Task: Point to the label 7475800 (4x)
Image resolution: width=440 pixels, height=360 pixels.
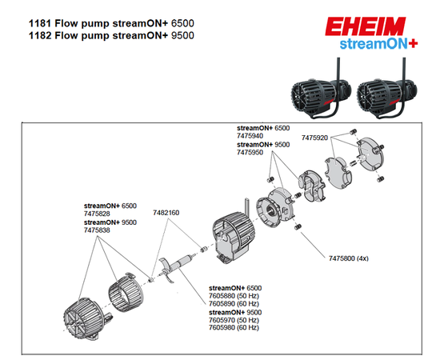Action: (x=350, y=258)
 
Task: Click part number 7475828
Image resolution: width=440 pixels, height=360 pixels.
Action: (x=97, y=214)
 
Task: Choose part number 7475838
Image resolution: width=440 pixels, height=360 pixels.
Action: (x=97, y=230)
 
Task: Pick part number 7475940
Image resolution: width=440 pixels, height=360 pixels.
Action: (x=250, y=135)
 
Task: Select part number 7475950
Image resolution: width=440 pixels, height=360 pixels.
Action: (x=250, y=152)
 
